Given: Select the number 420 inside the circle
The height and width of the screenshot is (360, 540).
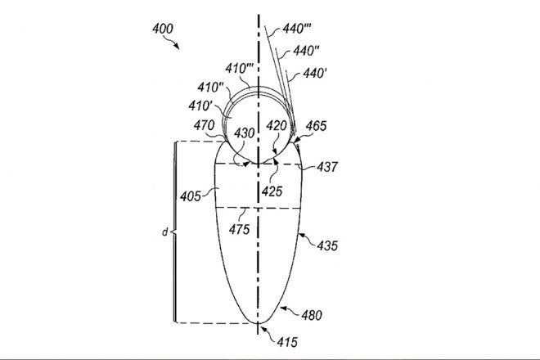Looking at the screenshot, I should click(x=277, y=128).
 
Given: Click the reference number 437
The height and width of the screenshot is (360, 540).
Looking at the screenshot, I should click(x=327, y=167).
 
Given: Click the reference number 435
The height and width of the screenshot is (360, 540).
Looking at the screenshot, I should click(x=327, y=245).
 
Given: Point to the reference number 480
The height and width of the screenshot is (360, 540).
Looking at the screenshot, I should click(x=313, y=314).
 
